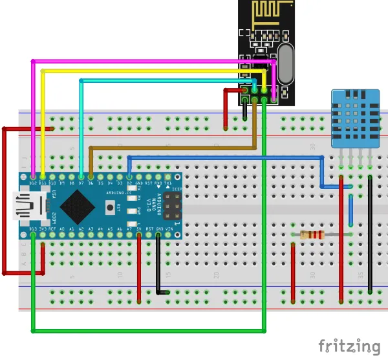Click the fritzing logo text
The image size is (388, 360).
(x=349, y=346)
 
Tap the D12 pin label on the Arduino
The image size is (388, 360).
(x=33, y=183)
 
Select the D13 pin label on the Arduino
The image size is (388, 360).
(x=33, y=228)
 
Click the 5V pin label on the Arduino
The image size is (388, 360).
(x=139, y=228)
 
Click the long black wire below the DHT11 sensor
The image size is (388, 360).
(x=370, y=233)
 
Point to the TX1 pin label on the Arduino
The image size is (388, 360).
(x=168, y=183)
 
